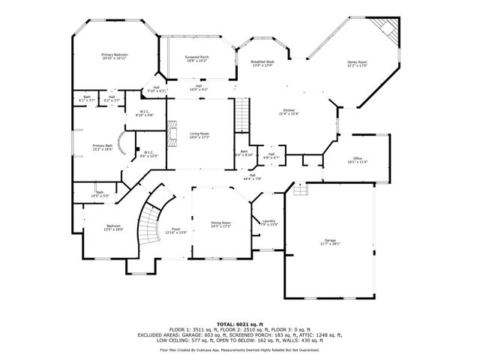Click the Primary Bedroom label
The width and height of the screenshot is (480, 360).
pos(115,55)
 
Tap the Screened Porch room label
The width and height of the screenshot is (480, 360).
pos(196,57)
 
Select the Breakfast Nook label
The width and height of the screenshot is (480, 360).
pos(262,61)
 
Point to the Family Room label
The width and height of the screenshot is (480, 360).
pos(357,61)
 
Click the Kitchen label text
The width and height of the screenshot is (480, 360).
pos(288,110)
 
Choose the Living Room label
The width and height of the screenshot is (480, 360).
pos(199,133)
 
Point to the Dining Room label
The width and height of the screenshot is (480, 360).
pos(220,223)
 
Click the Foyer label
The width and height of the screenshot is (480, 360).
pos(175,229)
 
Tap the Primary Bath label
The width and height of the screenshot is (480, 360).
pos(103,145)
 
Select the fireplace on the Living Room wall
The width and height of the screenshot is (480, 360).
pos(171,135)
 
